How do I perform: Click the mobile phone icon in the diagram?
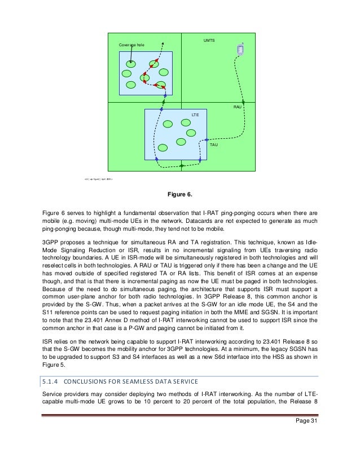[240, 50]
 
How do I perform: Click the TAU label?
[214, 144]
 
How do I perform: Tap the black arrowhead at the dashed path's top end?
[164, 41]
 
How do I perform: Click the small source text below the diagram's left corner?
[99, 179]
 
